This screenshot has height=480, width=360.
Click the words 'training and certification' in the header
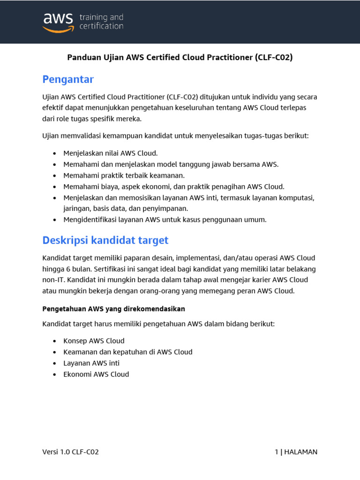(101, 22)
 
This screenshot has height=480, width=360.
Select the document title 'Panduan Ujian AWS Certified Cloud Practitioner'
(160, 58)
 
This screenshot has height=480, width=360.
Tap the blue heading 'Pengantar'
(68, 79)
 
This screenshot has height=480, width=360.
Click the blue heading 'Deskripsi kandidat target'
(105, 240)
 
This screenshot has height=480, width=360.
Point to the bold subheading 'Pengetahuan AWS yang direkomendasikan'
(114, 309)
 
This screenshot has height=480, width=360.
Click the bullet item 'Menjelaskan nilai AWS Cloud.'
(111, 153)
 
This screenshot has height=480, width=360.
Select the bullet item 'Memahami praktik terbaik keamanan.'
(124, 175)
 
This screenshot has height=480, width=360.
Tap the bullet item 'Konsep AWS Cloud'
(94, 341)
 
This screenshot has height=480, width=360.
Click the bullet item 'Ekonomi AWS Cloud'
(96, 374)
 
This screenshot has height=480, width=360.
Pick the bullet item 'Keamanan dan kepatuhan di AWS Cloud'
(127, 352)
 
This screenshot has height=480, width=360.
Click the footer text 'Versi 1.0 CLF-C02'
(70, 452)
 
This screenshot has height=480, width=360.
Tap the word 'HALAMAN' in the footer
(300, 452)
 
